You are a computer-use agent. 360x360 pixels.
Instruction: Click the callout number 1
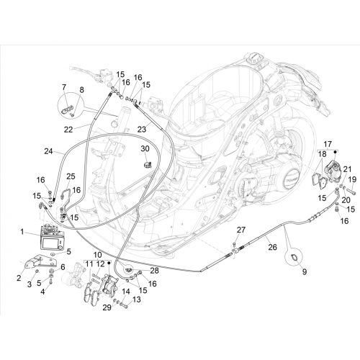[22, 232]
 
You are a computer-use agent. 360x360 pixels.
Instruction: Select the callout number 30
[145, 149]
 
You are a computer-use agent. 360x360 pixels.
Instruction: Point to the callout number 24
[48, 151]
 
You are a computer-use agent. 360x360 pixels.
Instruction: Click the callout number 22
[68, 130]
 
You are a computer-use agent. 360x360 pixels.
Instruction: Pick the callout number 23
[142, 130]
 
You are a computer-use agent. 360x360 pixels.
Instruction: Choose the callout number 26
[273, 247]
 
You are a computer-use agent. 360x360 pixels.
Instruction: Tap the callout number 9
[305, 272]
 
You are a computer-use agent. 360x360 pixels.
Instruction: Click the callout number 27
[241, 230]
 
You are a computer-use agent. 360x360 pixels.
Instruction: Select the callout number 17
[328, 144]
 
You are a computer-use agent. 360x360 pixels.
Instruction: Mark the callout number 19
[352, 179]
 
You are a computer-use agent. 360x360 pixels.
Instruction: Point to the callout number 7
[64, 87]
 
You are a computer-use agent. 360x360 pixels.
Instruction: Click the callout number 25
[71, 176]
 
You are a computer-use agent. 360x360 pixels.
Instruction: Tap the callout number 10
[98, 255]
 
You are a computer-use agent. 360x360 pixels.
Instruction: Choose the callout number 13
[137, 300]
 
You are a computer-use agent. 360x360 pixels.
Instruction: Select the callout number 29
[107, 307]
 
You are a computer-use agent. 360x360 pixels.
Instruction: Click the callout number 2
[19, 278]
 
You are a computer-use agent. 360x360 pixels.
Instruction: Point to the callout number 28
[154, 271]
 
